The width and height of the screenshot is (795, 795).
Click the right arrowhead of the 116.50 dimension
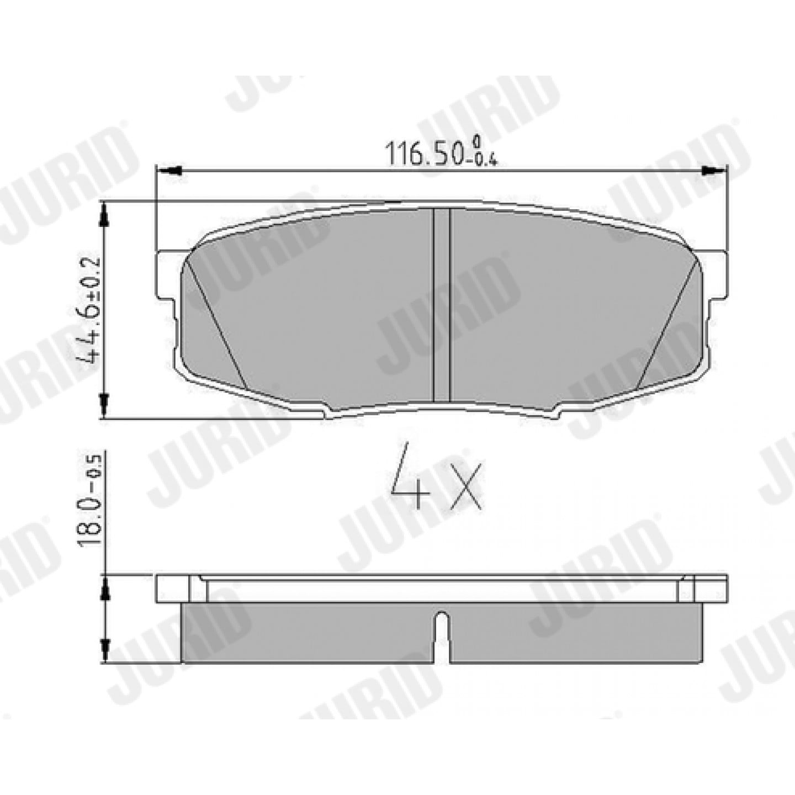click(x=714, y=170)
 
